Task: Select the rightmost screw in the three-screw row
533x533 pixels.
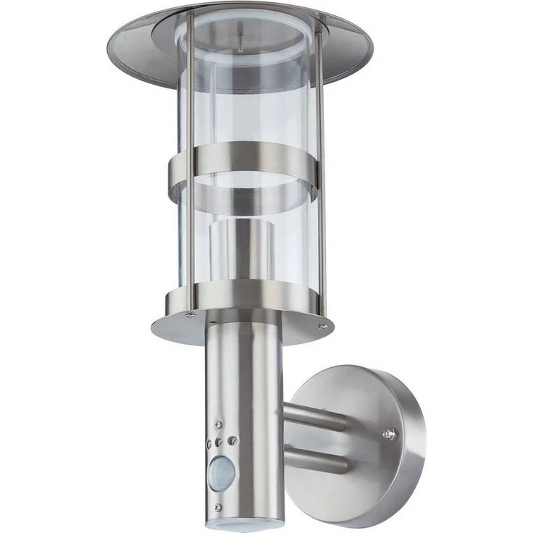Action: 232,440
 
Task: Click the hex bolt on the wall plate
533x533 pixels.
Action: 389,434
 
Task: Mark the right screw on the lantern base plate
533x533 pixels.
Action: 322,327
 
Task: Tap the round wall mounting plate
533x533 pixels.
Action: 362,442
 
